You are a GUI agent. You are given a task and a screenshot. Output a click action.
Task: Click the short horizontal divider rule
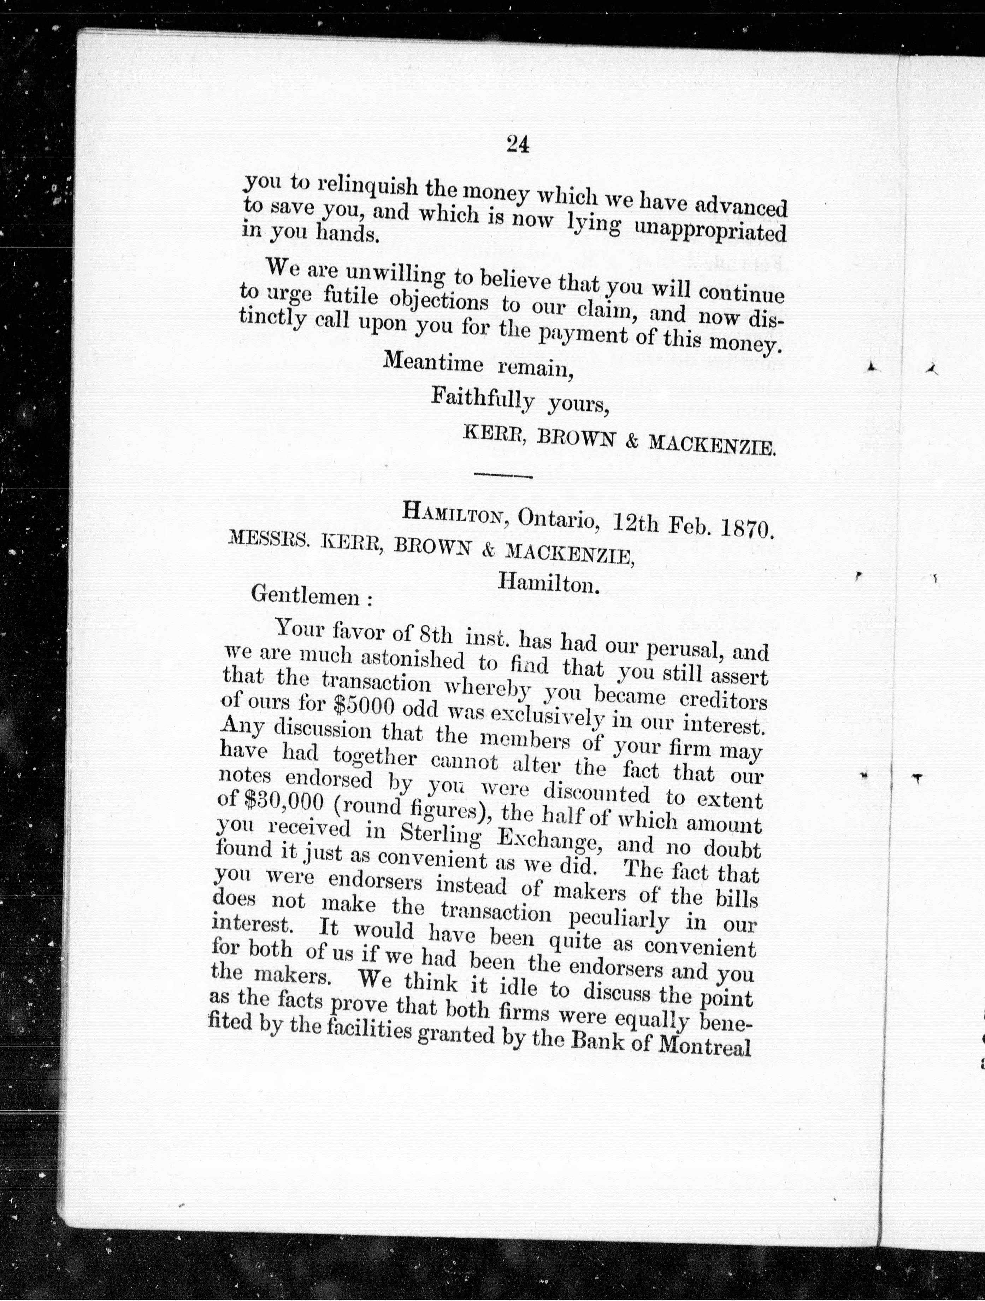click(x=502, y=475)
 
